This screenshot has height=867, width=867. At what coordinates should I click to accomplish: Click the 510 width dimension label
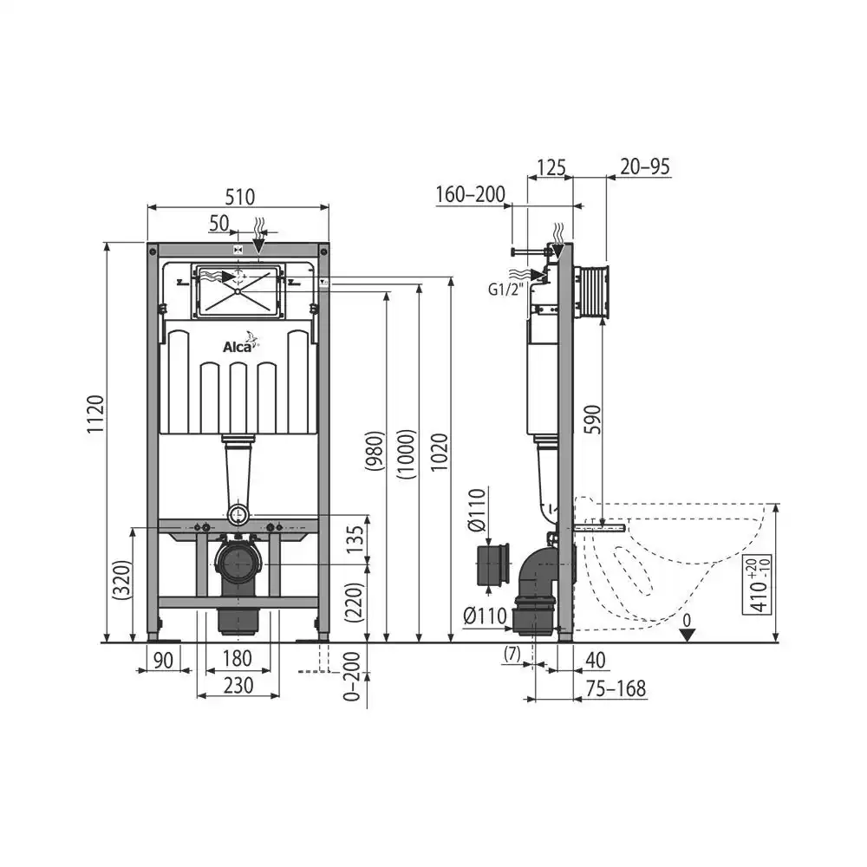[240, 197]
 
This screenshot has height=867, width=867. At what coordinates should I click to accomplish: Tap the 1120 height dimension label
[95, 414]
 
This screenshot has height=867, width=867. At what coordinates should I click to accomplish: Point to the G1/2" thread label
[505, 290]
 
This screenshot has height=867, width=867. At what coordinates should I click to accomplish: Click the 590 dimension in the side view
[592, 419]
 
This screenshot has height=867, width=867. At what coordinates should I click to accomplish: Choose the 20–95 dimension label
[645, 166]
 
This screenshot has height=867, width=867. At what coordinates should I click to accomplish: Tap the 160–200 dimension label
[471, 194]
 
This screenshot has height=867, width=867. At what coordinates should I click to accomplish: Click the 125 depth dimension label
[551, 167]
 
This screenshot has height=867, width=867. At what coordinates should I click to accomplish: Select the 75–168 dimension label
[616, 689]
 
